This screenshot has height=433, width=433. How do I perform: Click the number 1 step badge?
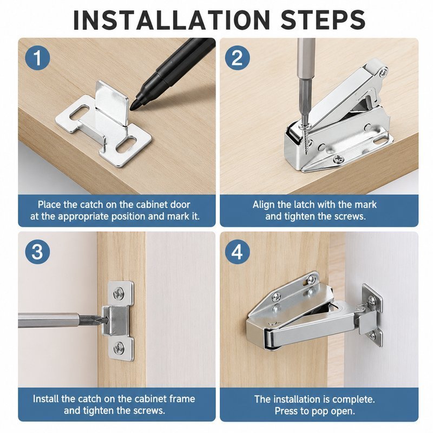[37, 58]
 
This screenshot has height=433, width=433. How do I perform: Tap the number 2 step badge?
[237, 58]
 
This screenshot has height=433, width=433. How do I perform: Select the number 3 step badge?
[37, 252]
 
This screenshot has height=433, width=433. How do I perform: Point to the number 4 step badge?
[237, 252]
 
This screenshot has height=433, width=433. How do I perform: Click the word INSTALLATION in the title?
[172, 20]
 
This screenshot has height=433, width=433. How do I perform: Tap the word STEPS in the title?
[323, 20]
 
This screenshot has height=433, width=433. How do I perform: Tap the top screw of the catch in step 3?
[119, 293]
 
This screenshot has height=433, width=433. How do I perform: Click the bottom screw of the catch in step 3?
[119, 347]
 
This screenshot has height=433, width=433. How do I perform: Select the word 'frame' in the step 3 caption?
[182, 399]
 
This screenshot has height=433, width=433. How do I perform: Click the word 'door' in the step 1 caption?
[180, 205]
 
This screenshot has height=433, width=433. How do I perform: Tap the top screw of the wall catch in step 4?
[372, 300]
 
